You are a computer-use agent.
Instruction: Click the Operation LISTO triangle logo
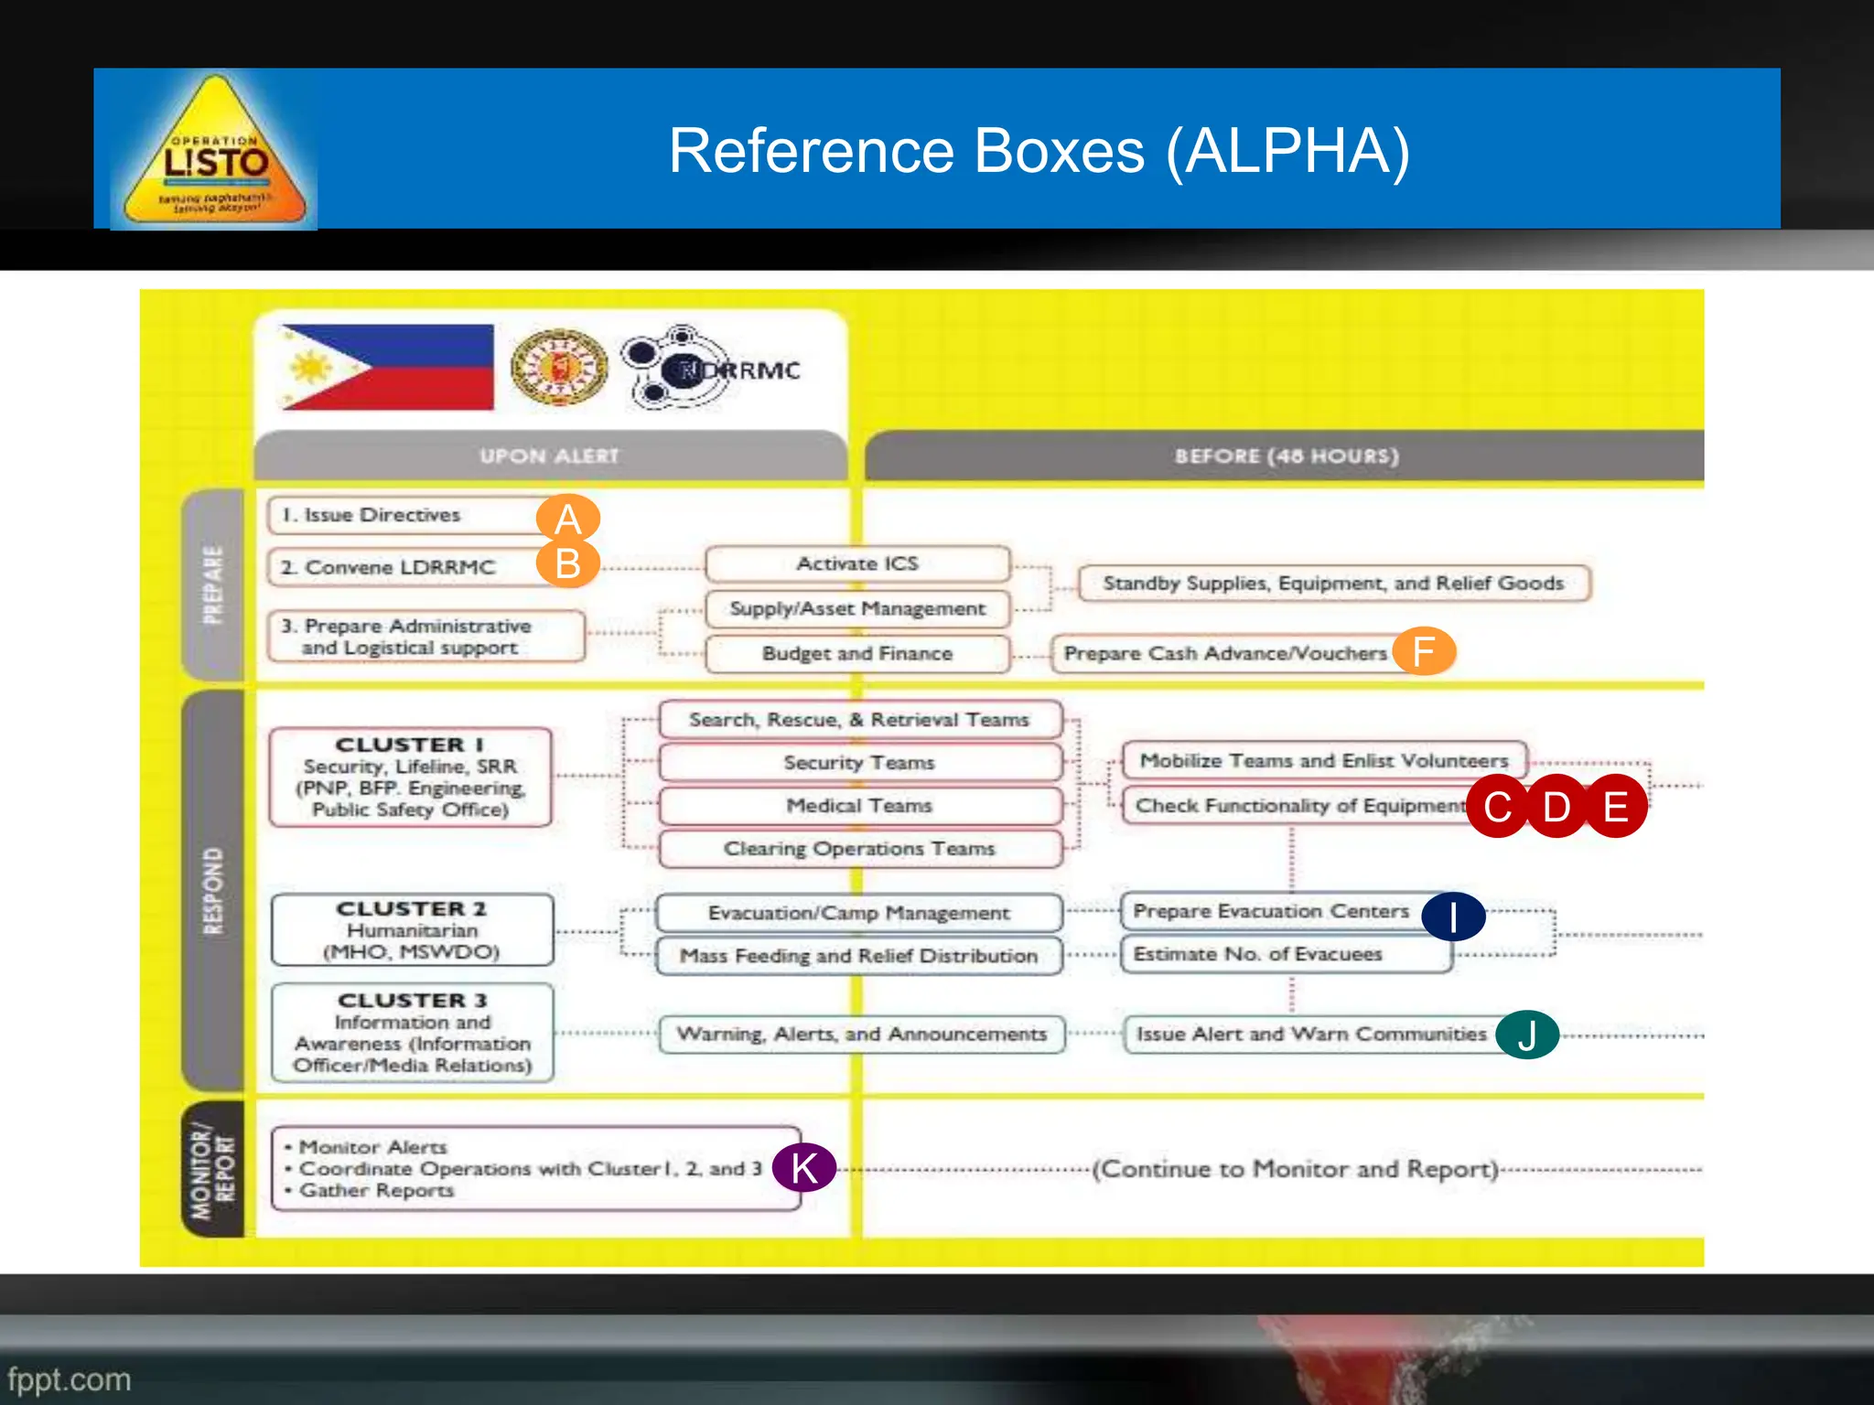214,152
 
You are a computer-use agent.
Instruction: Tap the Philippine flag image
387,367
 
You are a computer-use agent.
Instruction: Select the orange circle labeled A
567,519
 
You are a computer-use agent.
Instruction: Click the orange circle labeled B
567,563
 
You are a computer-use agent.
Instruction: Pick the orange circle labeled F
1424,651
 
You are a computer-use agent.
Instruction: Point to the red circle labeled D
1556,806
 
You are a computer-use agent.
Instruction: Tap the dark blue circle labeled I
1453,916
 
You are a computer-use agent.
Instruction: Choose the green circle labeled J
1527,1035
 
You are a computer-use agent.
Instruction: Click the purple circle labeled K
803,1167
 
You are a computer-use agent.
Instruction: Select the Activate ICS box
857,563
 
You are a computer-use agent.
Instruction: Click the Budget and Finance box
857,653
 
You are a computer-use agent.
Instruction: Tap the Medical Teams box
859,806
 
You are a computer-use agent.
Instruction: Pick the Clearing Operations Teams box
859,849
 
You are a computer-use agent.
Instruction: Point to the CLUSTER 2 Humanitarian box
412,929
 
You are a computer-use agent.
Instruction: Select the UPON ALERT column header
550,456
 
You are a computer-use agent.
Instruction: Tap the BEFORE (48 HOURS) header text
1287,456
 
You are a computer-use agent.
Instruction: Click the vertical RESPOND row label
213,891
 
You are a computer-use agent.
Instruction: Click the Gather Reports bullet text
376,1190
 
